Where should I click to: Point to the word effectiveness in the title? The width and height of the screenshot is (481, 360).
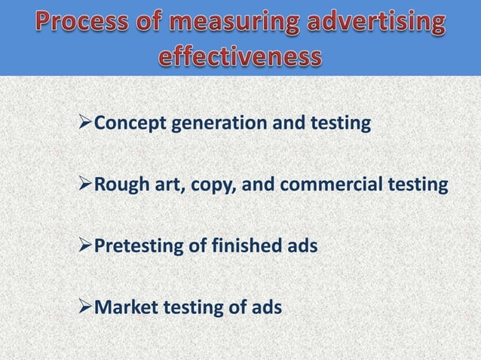[240, 56]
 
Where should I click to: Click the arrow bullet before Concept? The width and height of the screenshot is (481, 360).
[84, 122]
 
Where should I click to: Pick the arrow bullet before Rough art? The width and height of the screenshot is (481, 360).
[84, 184]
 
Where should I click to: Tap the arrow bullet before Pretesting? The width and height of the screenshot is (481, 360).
[84, 245]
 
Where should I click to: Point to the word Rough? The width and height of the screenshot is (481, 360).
[117, 184]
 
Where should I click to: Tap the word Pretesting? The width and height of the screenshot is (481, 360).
[135, 246]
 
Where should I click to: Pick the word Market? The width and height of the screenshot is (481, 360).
[121, 307]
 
